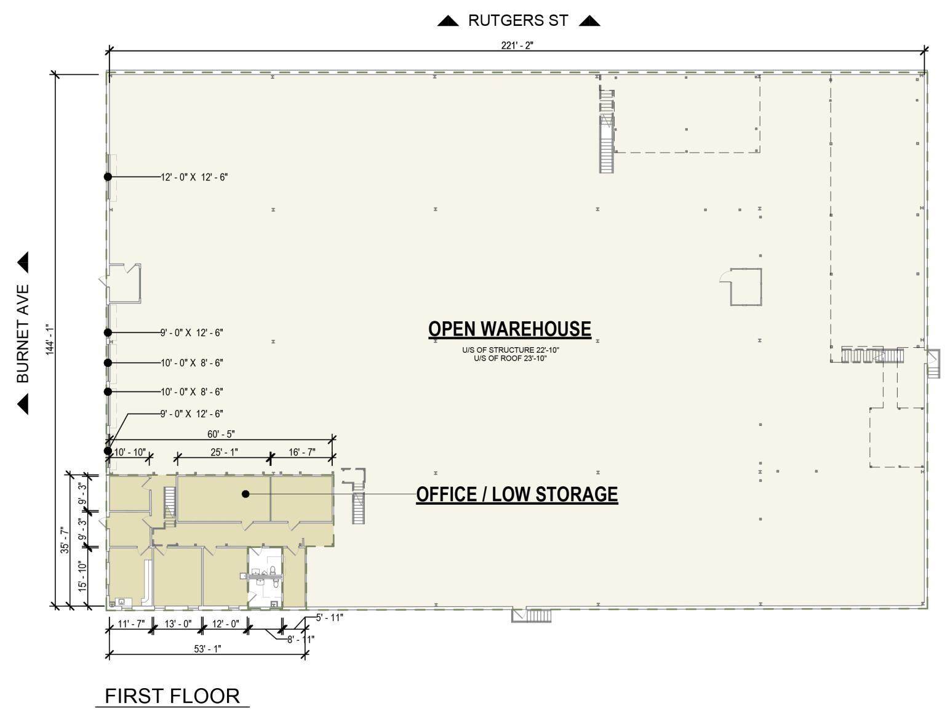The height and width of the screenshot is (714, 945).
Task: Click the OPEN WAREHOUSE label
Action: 509,329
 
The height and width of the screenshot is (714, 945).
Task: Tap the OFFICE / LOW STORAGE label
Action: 517,494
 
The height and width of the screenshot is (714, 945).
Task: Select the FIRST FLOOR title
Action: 172,696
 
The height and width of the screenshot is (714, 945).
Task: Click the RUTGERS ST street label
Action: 518,20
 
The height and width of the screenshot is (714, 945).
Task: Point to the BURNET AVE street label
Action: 23,333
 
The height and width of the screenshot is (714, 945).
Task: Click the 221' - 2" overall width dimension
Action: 517,45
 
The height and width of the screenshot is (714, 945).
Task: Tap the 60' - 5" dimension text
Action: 221,435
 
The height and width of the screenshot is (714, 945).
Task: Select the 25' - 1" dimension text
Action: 224,452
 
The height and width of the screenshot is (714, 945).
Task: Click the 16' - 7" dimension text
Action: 302,452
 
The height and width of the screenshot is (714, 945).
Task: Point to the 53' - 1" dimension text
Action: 207,649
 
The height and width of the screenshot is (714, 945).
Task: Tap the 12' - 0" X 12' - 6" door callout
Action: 194,177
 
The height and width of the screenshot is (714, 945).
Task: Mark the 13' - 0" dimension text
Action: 178,624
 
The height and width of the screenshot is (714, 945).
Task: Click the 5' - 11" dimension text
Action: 329,617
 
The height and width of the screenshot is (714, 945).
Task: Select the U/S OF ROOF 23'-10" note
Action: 510,358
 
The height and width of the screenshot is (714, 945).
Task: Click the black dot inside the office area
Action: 245,494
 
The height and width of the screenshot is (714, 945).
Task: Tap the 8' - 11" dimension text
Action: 300,640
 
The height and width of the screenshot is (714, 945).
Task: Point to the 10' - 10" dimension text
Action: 130,452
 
